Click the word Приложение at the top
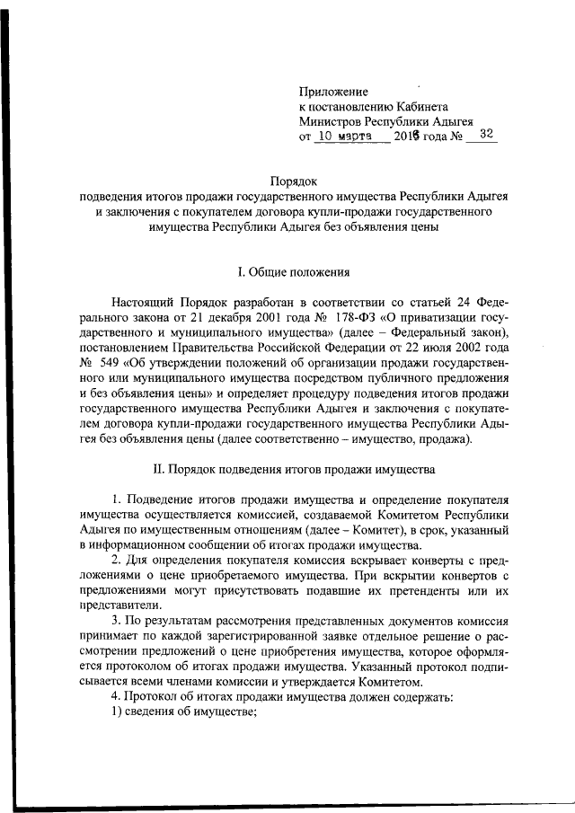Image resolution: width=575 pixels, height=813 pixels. [x=333, y=92]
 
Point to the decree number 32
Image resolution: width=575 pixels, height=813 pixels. [x=486, y=135]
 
